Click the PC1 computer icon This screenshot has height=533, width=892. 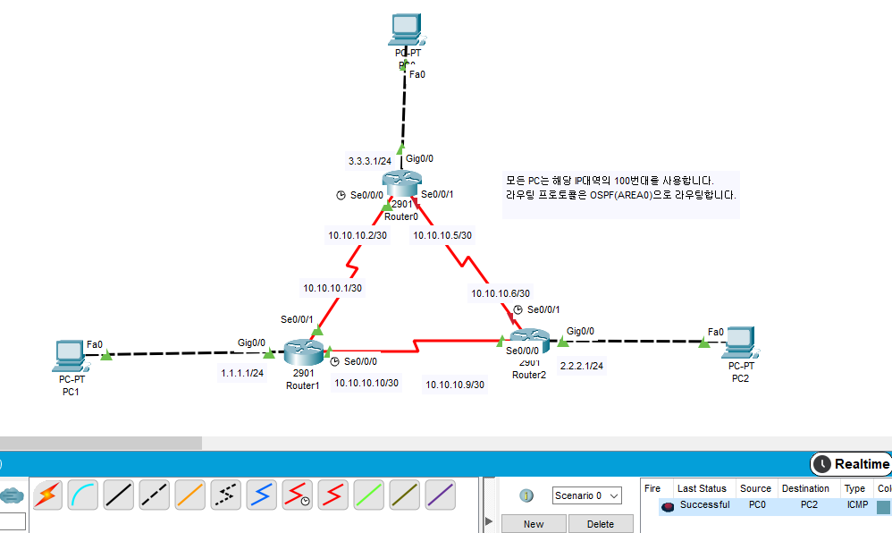(x=68, y=355)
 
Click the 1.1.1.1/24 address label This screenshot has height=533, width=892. (x=242, y=373)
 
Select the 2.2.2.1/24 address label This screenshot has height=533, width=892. (x=581, y=366)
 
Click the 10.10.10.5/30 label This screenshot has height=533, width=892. (x=442, y=236)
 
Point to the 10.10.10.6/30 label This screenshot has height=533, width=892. (x=501, y=292)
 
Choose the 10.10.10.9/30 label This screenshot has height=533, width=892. (x=455, y=385)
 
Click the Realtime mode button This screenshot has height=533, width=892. (x=852, y=464)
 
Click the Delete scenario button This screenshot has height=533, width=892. (x=601, y=524)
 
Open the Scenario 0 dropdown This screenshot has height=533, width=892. (x=586, y=495)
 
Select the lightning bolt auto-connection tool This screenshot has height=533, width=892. (x=47, y=495)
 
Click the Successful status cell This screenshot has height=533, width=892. (x=704, y=505)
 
